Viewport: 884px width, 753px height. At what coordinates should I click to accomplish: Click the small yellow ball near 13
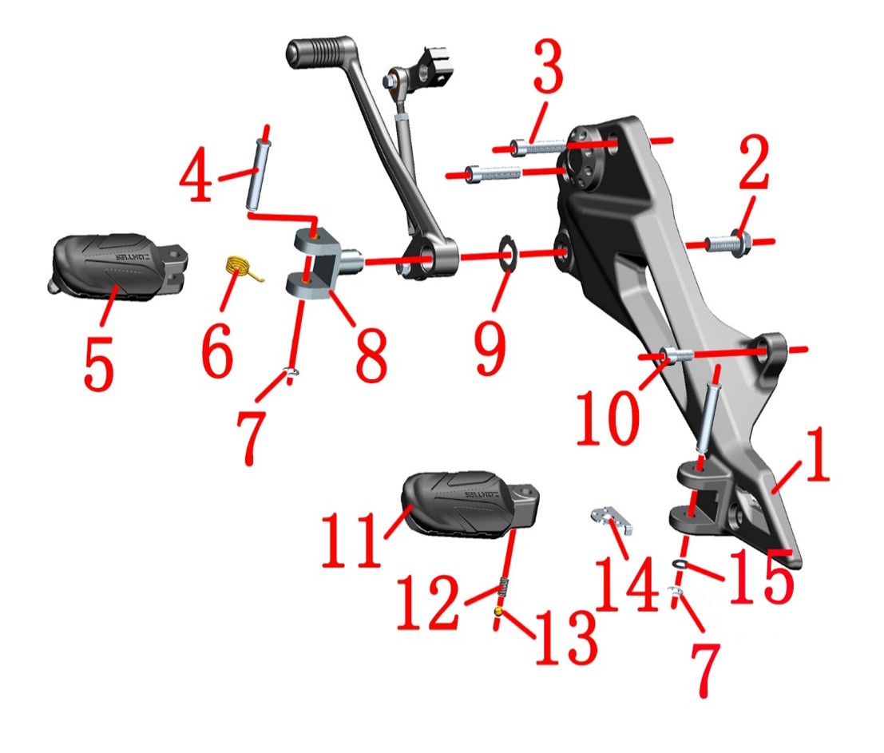point(497,612)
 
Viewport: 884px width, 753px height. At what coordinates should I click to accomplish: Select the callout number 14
point(626,584)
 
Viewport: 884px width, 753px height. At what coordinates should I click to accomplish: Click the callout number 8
point(371,355)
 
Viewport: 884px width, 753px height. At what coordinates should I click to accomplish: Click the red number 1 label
point(818,454)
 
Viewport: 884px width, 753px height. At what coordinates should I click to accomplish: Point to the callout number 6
point(217,350)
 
